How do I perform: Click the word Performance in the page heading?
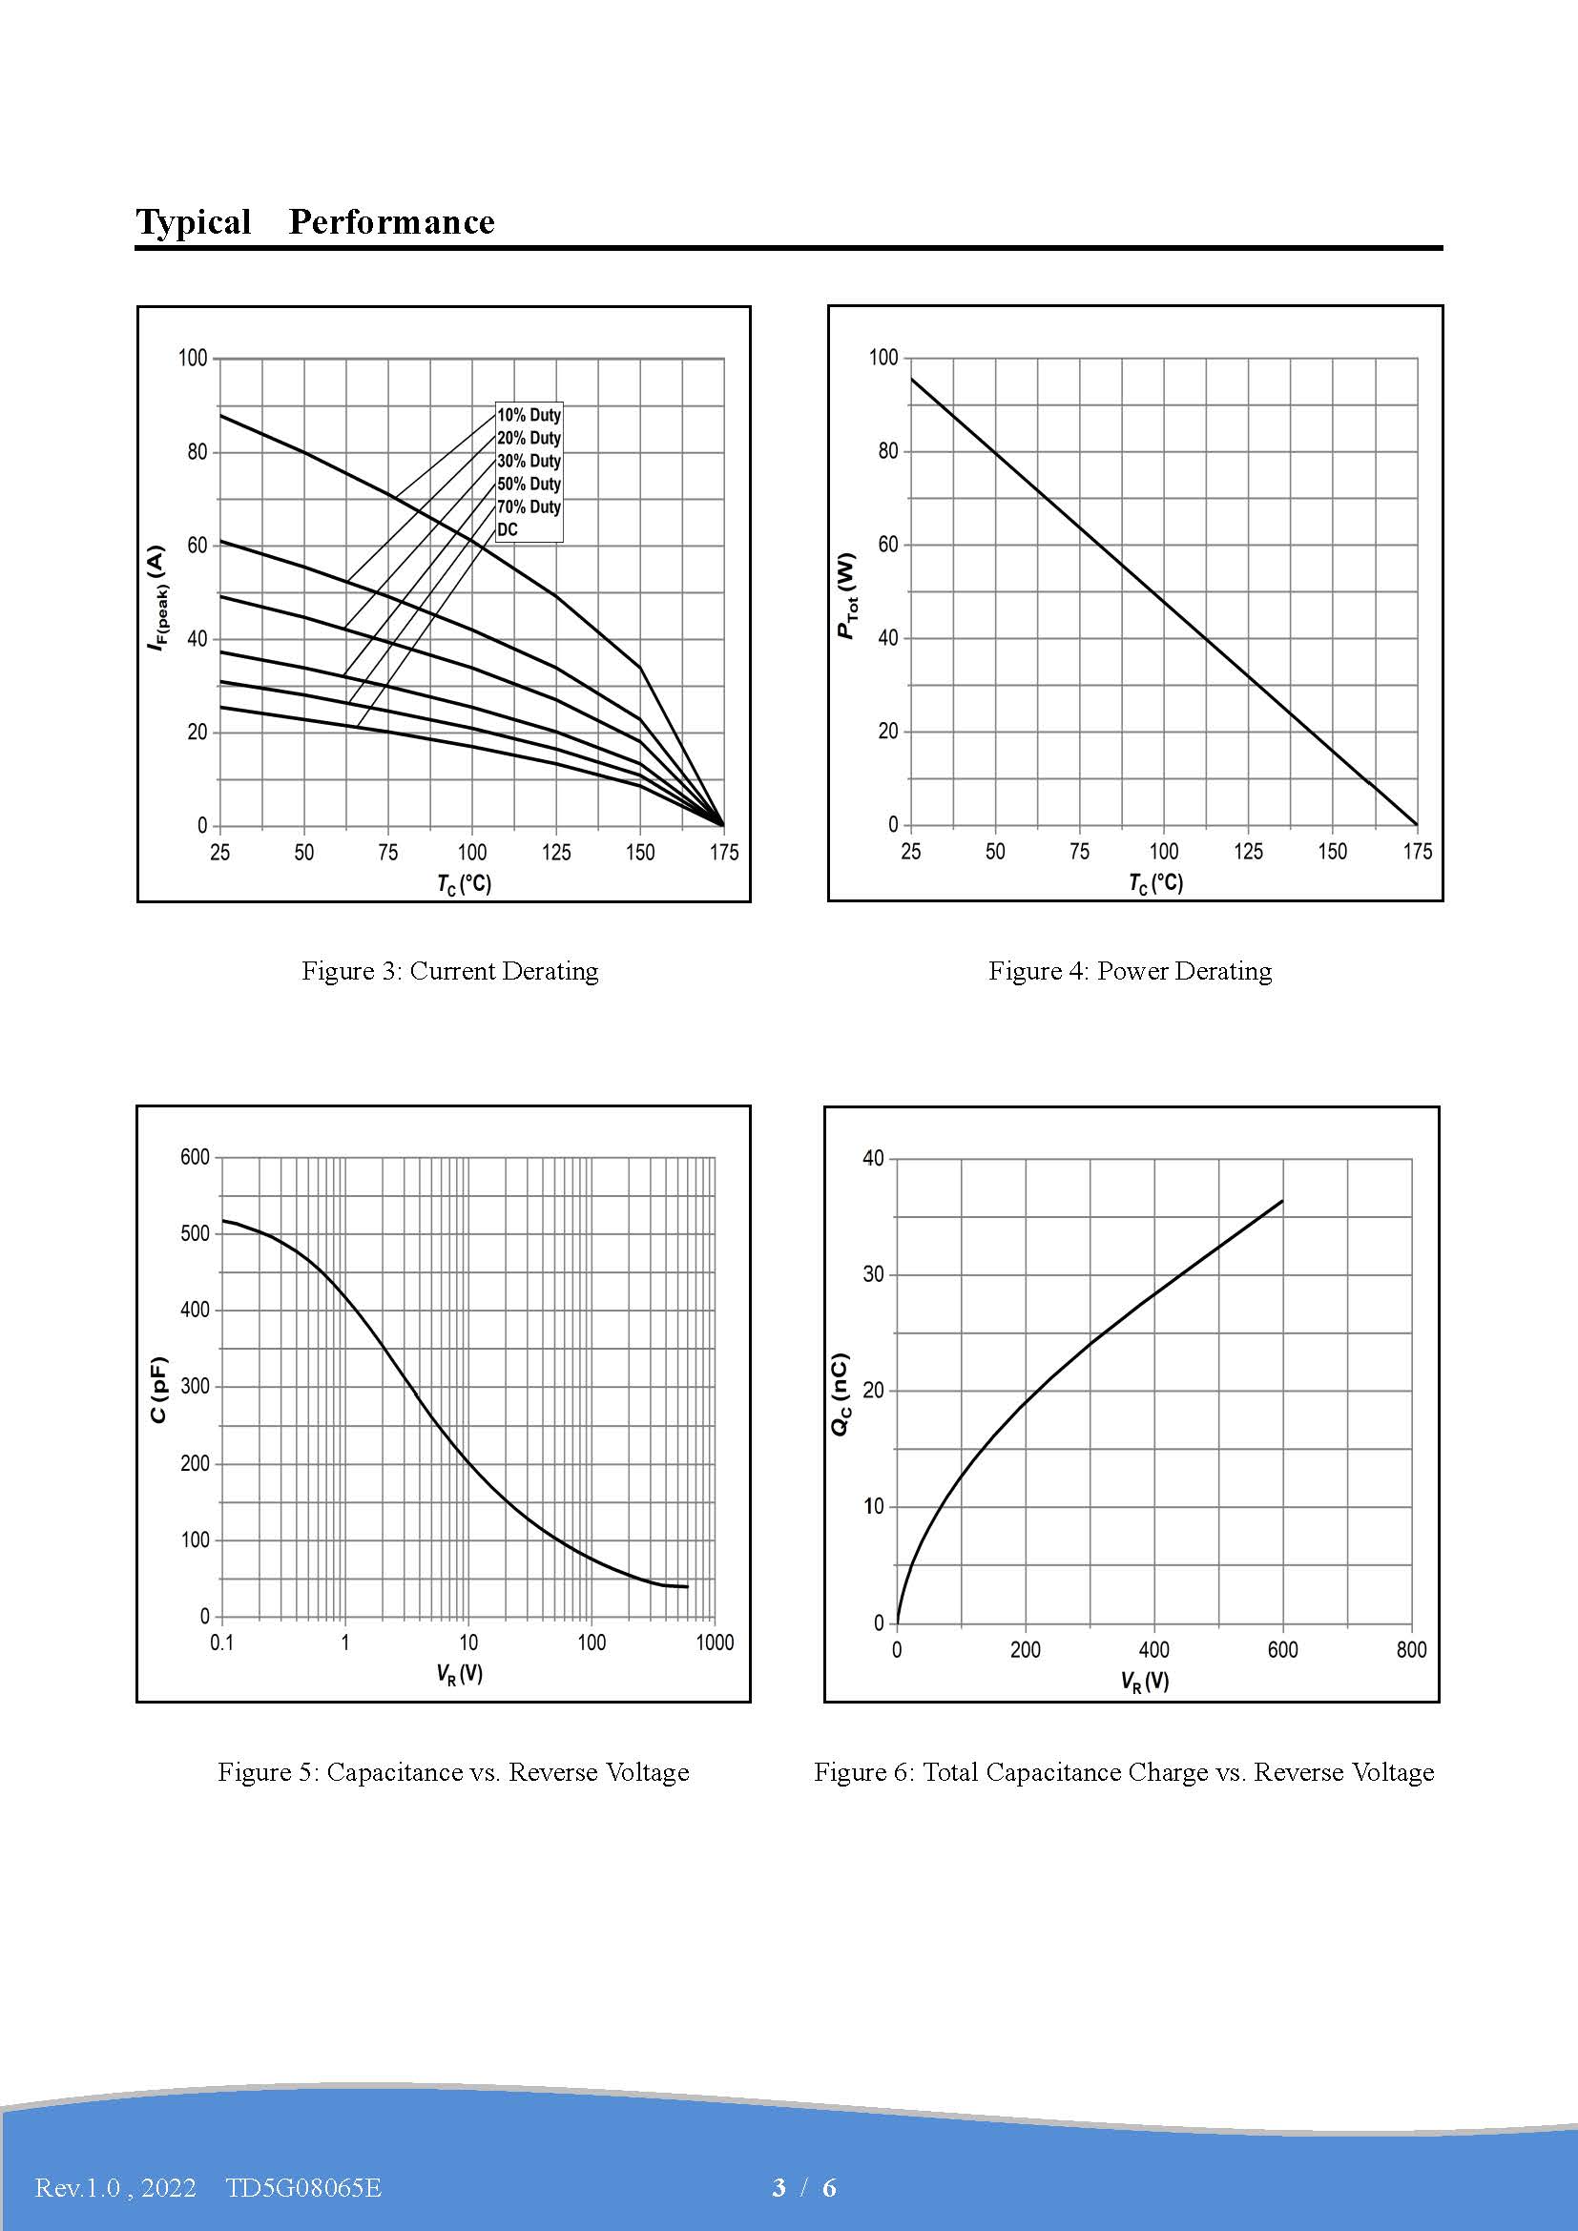tap(391, 222)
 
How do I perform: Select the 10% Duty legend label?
tap(529, 415)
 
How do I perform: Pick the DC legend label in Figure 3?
tap(508, 529)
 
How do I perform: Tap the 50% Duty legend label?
tap(529, 484)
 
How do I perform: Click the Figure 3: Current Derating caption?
tap(450, 971)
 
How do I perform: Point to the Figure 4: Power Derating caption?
tap(1130, 971)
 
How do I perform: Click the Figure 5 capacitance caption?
tap(453, 1771)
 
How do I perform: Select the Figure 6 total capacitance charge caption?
tap(1124, 1771)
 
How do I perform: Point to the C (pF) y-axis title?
tap(159, 1390)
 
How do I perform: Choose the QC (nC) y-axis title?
tap(841, 1394)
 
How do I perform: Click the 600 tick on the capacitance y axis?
tap(196, 1157)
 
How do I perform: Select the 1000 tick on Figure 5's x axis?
tap(716, 1643)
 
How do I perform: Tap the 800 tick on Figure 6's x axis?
tap(1411, 1650)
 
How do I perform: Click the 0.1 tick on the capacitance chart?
tap(222, 1643)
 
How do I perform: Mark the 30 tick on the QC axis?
tap(874, 1275)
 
